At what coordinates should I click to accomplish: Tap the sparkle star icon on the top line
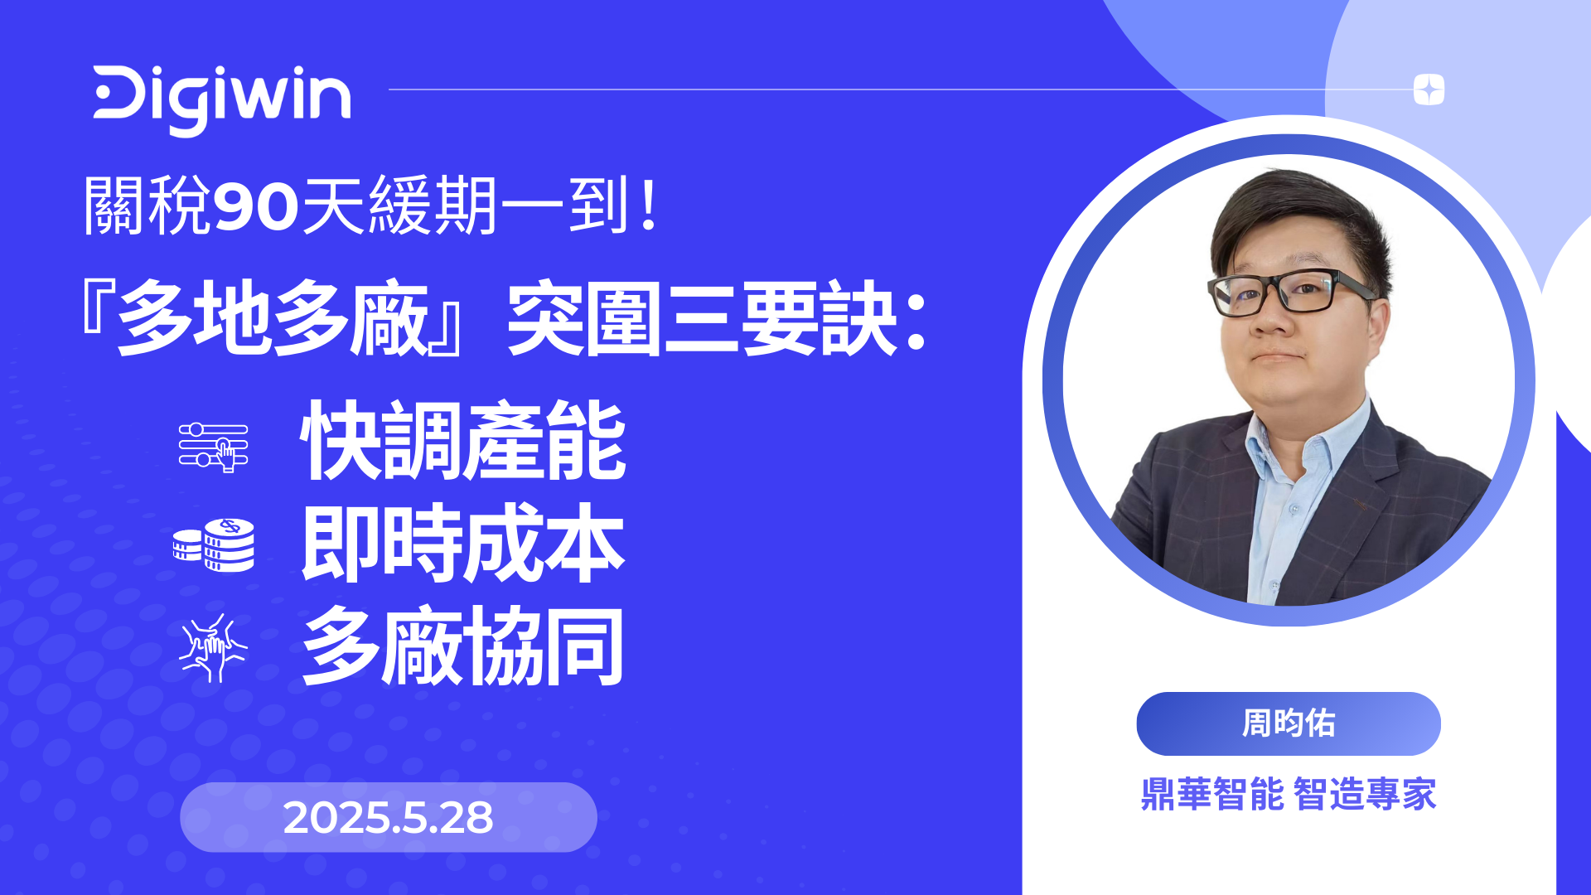tap(1429, 89)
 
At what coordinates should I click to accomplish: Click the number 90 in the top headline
tap(255, 206)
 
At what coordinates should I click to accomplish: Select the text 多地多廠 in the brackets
tap(273, 319)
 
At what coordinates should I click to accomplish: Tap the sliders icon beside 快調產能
tap(214, 447)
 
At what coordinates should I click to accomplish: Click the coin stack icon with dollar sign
tap(215, 545)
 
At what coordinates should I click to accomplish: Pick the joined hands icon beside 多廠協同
tap(213, 648)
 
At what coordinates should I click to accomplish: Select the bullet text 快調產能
tap(463, 440)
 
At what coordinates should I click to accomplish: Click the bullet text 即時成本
tap(463, 544)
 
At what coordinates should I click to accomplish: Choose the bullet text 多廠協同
tap(463, 647)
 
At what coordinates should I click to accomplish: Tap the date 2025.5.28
tap(388, 818)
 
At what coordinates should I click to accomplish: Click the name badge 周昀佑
tap(1289, 723)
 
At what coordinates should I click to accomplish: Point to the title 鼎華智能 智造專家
tap(1289, 794)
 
